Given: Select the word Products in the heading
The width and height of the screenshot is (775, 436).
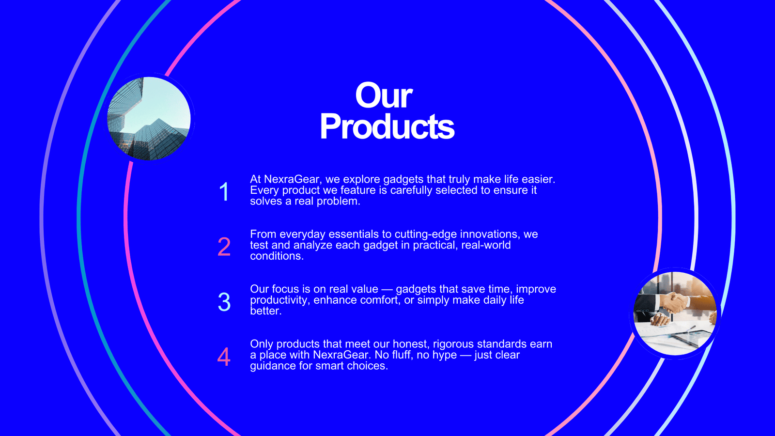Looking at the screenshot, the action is (x=387, y=126).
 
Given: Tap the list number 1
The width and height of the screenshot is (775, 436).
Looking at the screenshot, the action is (x=224, y=191).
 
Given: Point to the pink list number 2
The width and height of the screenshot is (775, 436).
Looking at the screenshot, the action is (x=224, y=247).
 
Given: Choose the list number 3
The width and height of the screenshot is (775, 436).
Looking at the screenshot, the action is (x=224, y=301).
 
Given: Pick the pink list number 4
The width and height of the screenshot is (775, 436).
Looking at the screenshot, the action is (x=224, y=357).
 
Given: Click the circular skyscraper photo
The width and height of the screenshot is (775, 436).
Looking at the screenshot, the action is (x=149, y=118).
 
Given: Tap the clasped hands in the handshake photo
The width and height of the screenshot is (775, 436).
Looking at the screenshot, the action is (x=675, y=302).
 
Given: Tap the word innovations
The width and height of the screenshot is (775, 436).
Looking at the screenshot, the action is (x=489, y=234).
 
